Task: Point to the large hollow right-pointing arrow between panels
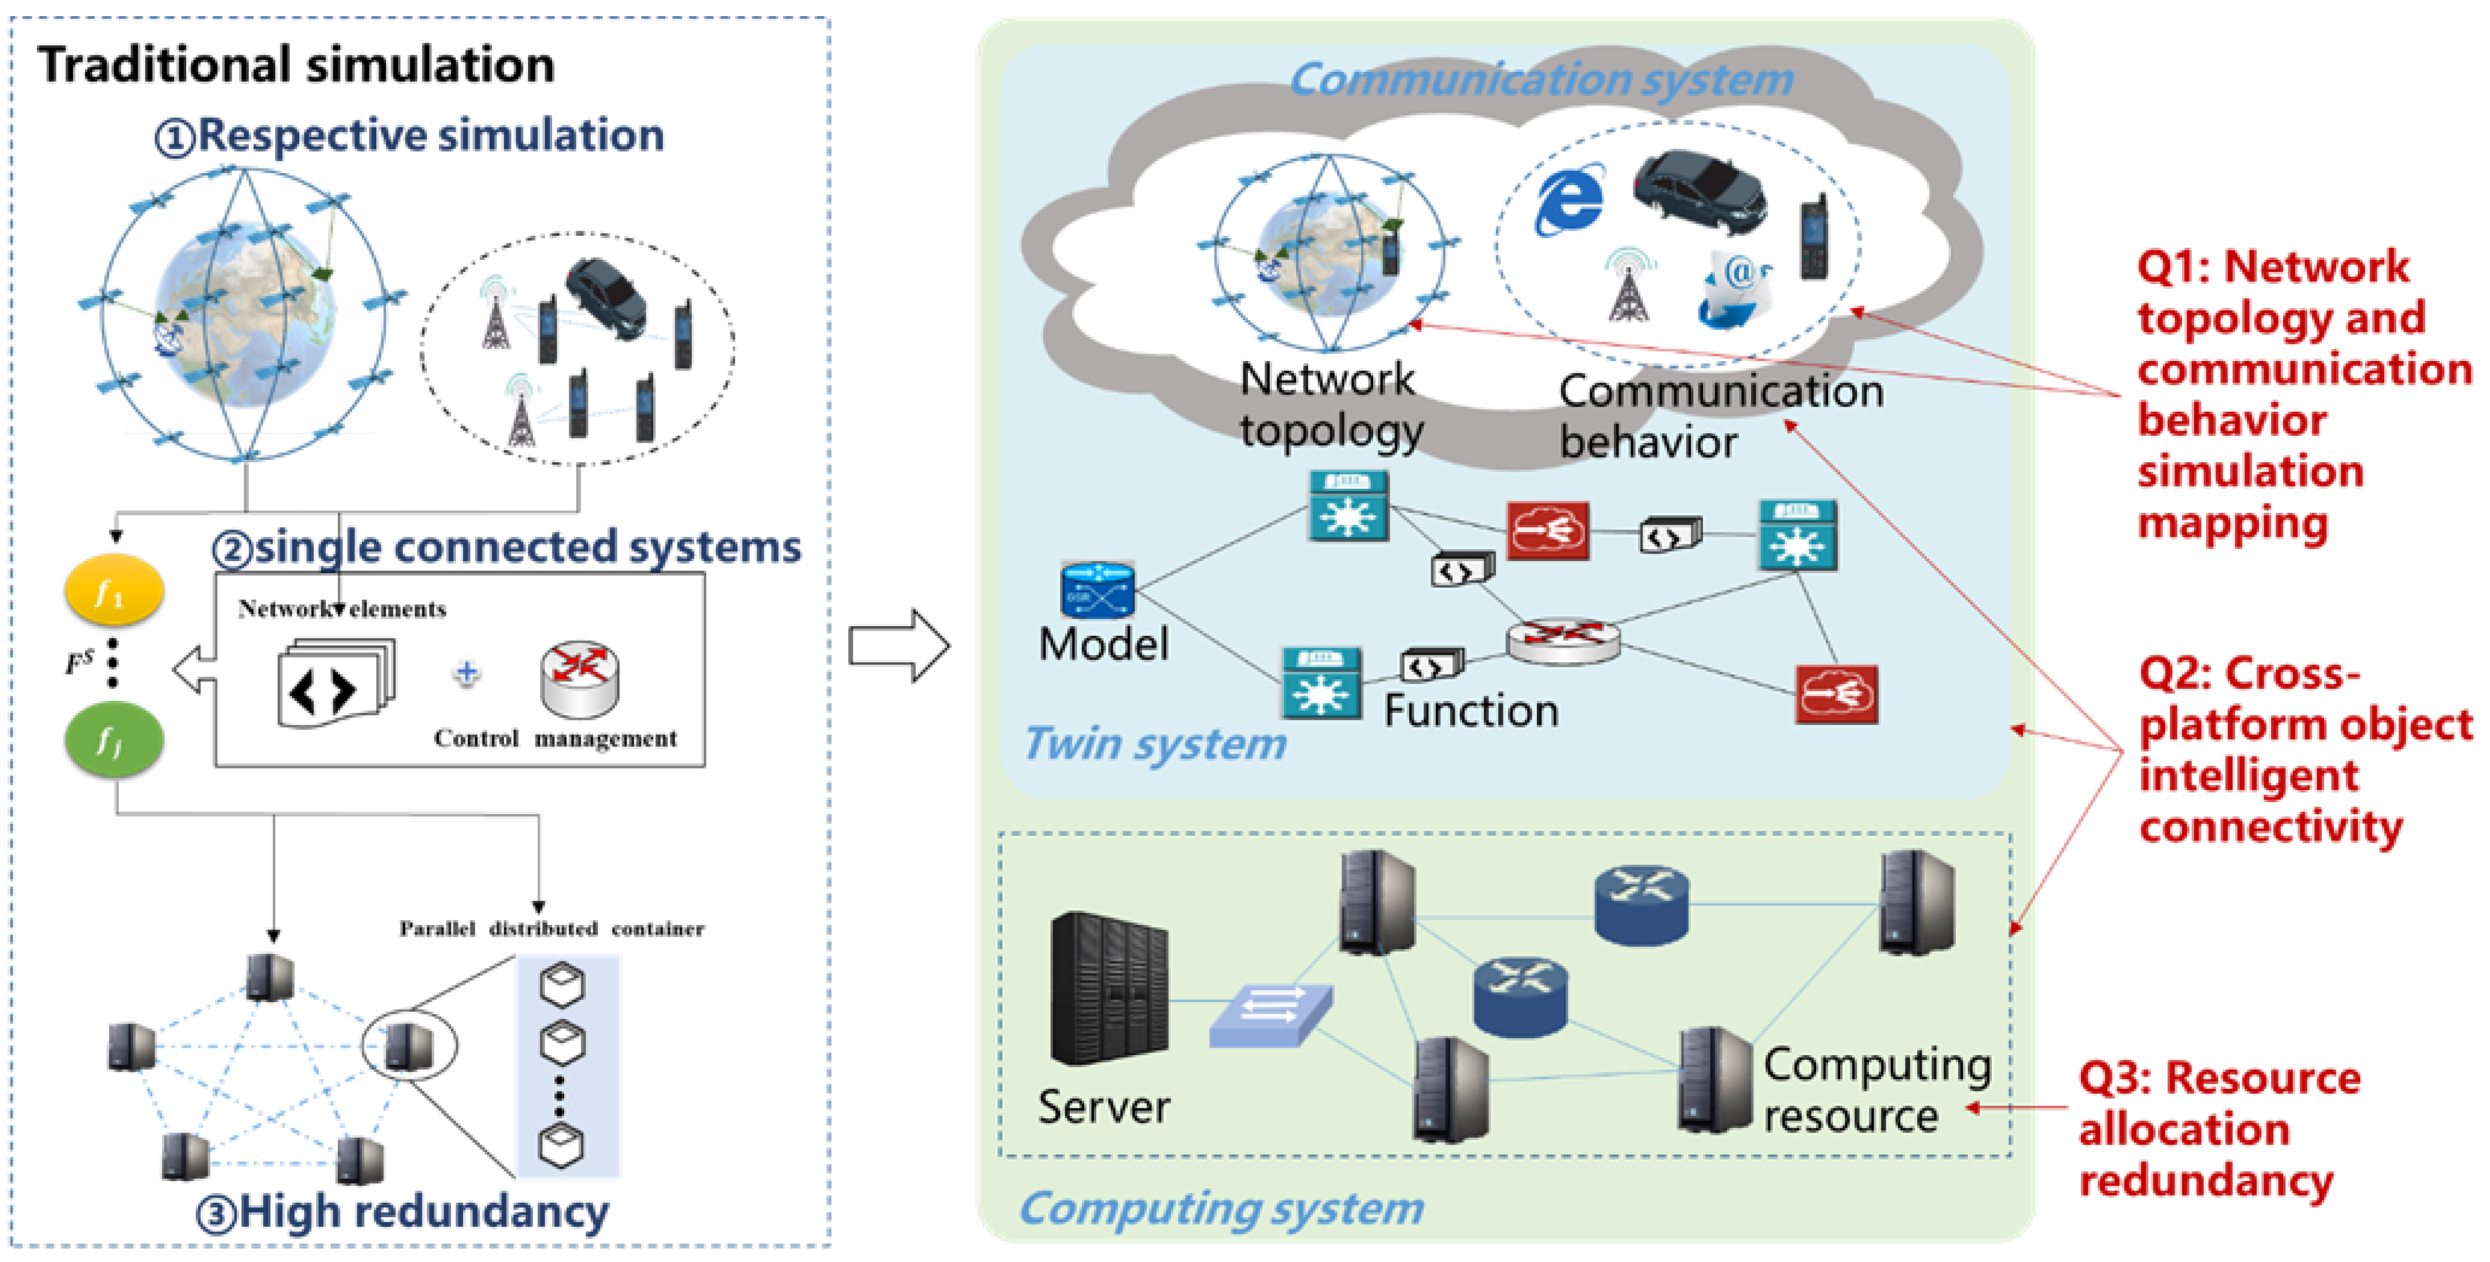(899, 646)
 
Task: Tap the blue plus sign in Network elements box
(467, 672)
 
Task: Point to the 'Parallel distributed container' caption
(552, 929)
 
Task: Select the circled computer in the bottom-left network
(408, 1045)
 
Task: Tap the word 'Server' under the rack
(1104, 1106)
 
